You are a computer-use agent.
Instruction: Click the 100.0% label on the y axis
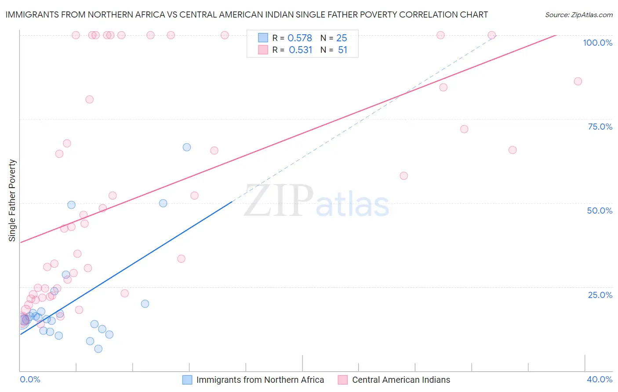[x=597, y=43]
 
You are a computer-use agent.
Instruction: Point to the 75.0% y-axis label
[x=600, y=127]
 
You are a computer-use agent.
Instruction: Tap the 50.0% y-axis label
[x=600, y=211]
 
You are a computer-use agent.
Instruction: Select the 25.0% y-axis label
[x=600, y=295]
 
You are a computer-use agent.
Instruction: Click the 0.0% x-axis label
[x=30, y=379]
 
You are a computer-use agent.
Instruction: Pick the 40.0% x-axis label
[x=600, y=379]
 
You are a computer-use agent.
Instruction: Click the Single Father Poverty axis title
[x=12, y=200]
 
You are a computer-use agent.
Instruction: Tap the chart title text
[x=247, y=15]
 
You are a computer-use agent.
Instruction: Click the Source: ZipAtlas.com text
[x=578, y=15]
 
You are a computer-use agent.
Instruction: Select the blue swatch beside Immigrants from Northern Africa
[x=187, y=380]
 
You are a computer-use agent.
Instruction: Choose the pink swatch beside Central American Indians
[x=343, y=380]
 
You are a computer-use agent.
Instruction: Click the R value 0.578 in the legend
[x=300, y=38]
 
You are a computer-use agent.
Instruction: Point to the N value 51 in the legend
[x=342, y=50]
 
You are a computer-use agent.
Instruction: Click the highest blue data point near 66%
[x=187, y=147]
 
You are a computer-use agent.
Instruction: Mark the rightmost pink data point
[x=578, y=81]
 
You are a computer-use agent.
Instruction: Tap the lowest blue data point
[x=98, y=349]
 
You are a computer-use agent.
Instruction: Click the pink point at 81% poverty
[x=90, y=99]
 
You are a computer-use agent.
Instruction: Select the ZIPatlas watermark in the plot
[x=316, y=201]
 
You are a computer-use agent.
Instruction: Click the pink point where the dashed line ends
[x=492, y=35]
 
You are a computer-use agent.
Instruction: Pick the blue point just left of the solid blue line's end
[x=163, y=203]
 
